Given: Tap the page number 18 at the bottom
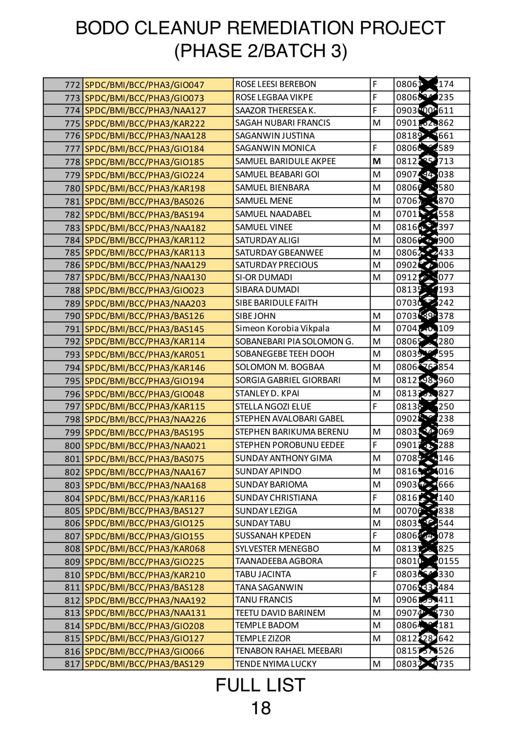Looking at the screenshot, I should pyautogui.click(x=260, y=708).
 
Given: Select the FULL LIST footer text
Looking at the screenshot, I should pyautogui.click(x=260, y=685).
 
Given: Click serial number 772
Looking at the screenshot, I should pyautogui.click(x=72, y=85).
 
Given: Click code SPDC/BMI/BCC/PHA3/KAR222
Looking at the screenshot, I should pyautogui.click(x=145, y=123).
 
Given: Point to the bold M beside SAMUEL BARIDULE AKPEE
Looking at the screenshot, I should pyautogui.click(x=377, y=161).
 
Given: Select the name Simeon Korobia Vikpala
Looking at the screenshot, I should pyautogui.click(x=282, y=329).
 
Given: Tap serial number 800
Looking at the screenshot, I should pyautogui.click(x=72, y=446).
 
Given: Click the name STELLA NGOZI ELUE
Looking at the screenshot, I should pyautogui.click(x=273, y=407).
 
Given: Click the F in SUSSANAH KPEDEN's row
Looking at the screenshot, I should pyautogui.click(x=375, y=536).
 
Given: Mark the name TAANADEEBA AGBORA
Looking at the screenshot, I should pyautogui.click(x=279, y=561).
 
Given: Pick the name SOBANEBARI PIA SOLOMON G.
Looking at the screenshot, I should pyautogui.click(x=294, y=342).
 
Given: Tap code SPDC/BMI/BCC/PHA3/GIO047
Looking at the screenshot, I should pyautogui.click(x=144, y=85).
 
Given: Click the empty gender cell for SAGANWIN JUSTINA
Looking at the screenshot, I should pyautogui.click(x=382, y=136).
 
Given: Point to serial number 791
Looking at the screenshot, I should pyautogui.click(x=72, y=329).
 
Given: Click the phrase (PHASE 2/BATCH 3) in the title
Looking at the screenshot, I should pyautogui.click(x=260, y=51).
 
